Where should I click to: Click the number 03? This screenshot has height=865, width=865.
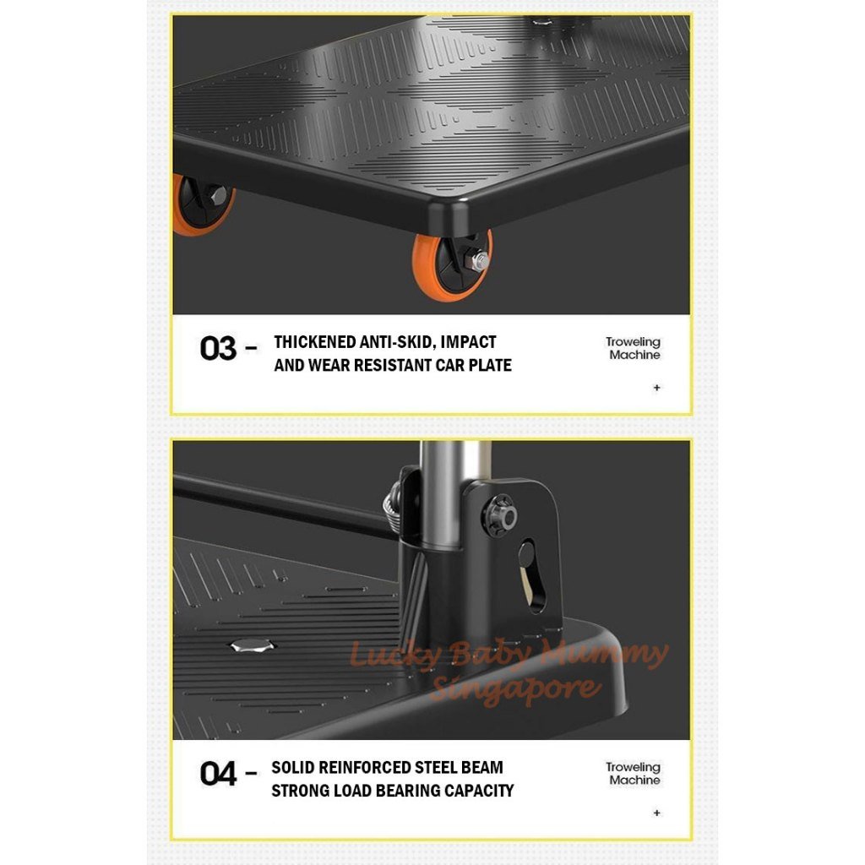[x=218, y=349]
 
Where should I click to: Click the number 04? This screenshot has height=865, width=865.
[x=218, y=774]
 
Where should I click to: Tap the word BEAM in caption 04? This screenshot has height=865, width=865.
[x=482, y=768]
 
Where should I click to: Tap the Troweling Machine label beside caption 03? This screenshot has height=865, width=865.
[x=633, y=349]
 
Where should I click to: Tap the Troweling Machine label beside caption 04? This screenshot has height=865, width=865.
[x=633, y=774]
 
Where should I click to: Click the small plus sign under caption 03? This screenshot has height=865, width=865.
[x=656, y=388]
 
